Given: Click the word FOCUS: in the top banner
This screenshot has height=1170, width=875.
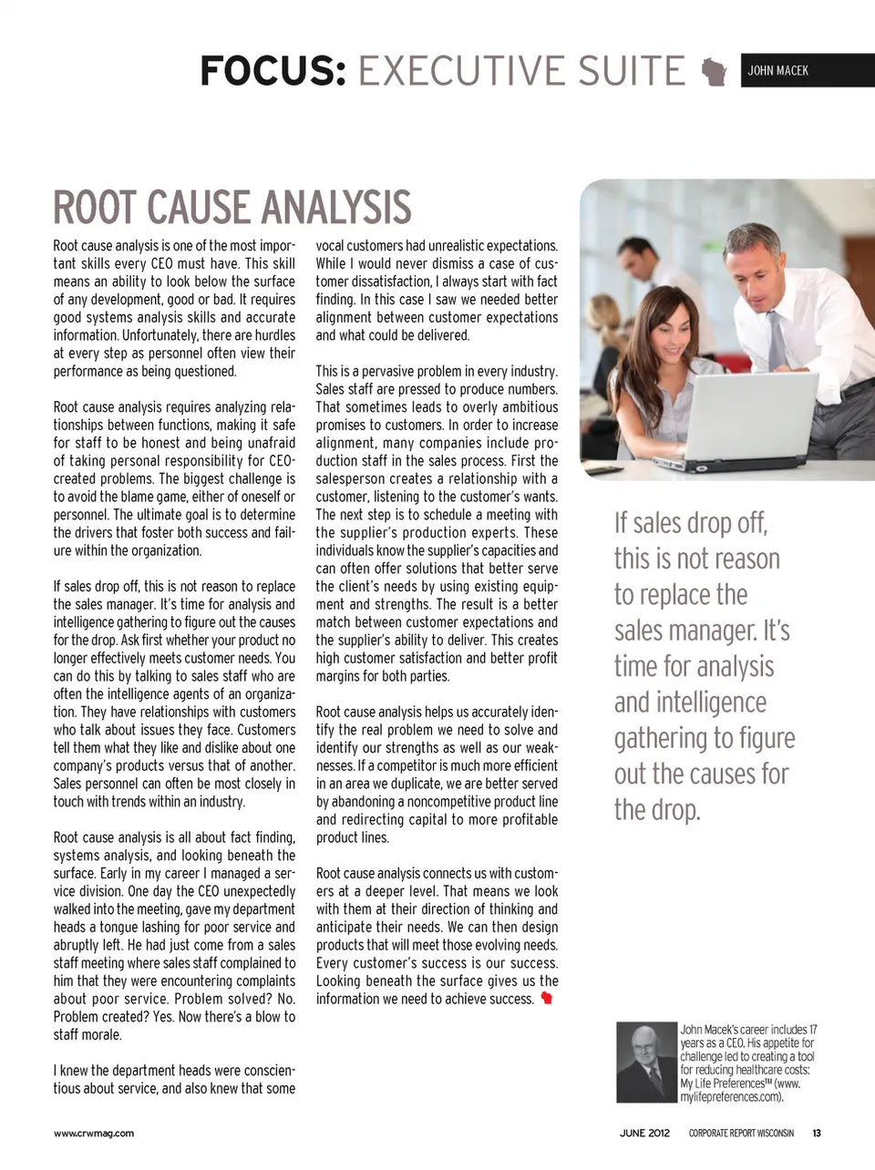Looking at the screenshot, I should click(x=273, y=71).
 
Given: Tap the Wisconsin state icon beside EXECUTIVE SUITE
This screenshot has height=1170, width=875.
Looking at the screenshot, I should click(x=715, y=72).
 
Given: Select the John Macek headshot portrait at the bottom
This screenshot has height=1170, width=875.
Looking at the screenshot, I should click(x=646, y=1062).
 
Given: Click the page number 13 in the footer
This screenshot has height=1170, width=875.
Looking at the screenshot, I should click(x=817, y=1134).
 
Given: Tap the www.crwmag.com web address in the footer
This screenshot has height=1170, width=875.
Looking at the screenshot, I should click(x=93, y=1134).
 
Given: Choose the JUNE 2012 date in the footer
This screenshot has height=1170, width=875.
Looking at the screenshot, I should click(x=644, y=1134).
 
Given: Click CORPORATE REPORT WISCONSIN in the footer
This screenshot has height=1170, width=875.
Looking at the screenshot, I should click(x=741, y=1134).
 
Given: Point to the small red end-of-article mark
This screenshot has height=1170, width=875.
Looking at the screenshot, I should click(x=547, y=999).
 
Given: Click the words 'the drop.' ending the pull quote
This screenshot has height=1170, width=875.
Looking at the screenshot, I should click(x=657, y=809).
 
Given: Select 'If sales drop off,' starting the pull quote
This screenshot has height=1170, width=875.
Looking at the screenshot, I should click(x=691, y=523).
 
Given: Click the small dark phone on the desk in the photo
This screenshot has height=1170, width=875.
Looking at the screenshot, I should click(x=604, y=471).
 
